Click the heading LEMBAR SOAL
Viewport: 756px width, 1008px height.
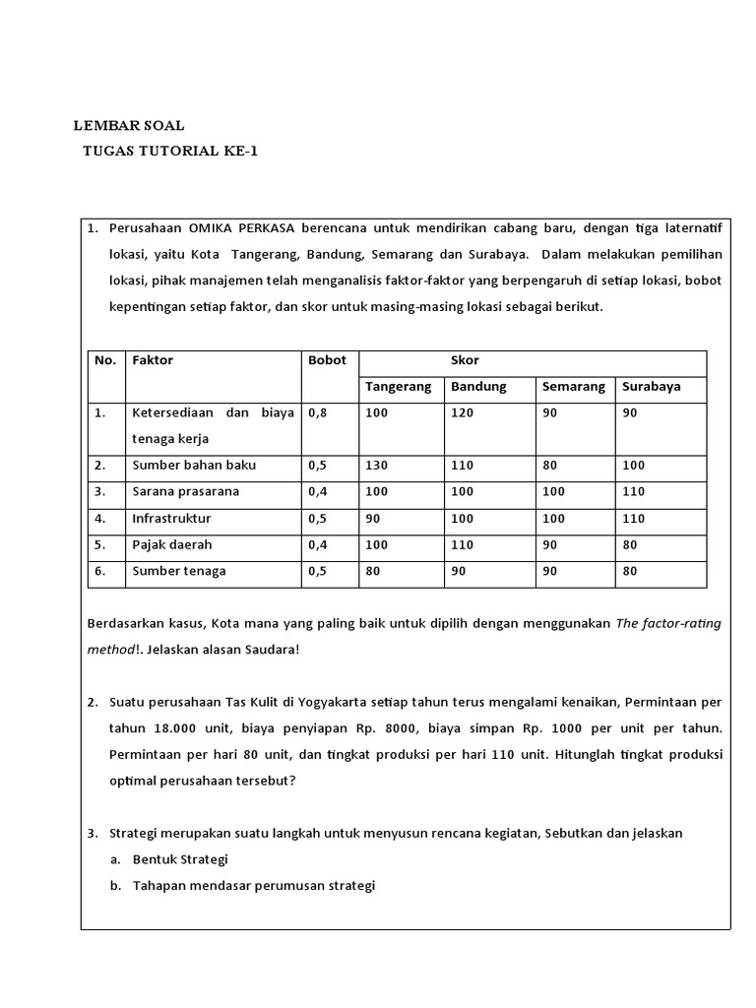[129, 126]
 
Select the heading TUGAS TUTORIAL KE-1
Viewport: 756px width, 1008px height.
[170, 152]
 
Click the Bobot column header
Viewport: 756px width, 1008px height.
[327, 360]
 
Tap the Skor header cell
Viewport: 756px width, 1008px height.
[465, 360]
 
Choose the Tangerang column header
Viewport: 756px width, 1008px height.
[398, 387]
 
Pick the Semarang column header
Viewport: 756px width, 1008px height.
[573, 387]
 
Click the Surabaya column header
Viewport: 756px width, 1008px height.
[651, 387]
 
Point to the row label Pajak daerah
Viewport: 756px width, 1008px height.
[172, 544]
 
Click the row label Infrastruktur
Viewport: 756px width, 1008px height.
[171, 518]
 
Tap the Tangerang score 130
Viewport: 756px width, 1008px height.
[376, 465]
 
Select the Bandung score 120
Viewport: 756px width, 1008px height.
[462, 413]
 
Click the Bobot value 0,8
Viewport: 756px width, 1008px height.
[317, 413]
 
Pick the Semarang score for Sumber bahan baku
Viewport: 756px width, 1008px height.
[550, 465]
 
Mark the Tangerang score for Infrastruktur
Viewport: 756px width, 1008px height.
[373, 518]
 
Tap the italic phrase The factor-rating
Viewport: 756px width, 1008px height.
[668, 624]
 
